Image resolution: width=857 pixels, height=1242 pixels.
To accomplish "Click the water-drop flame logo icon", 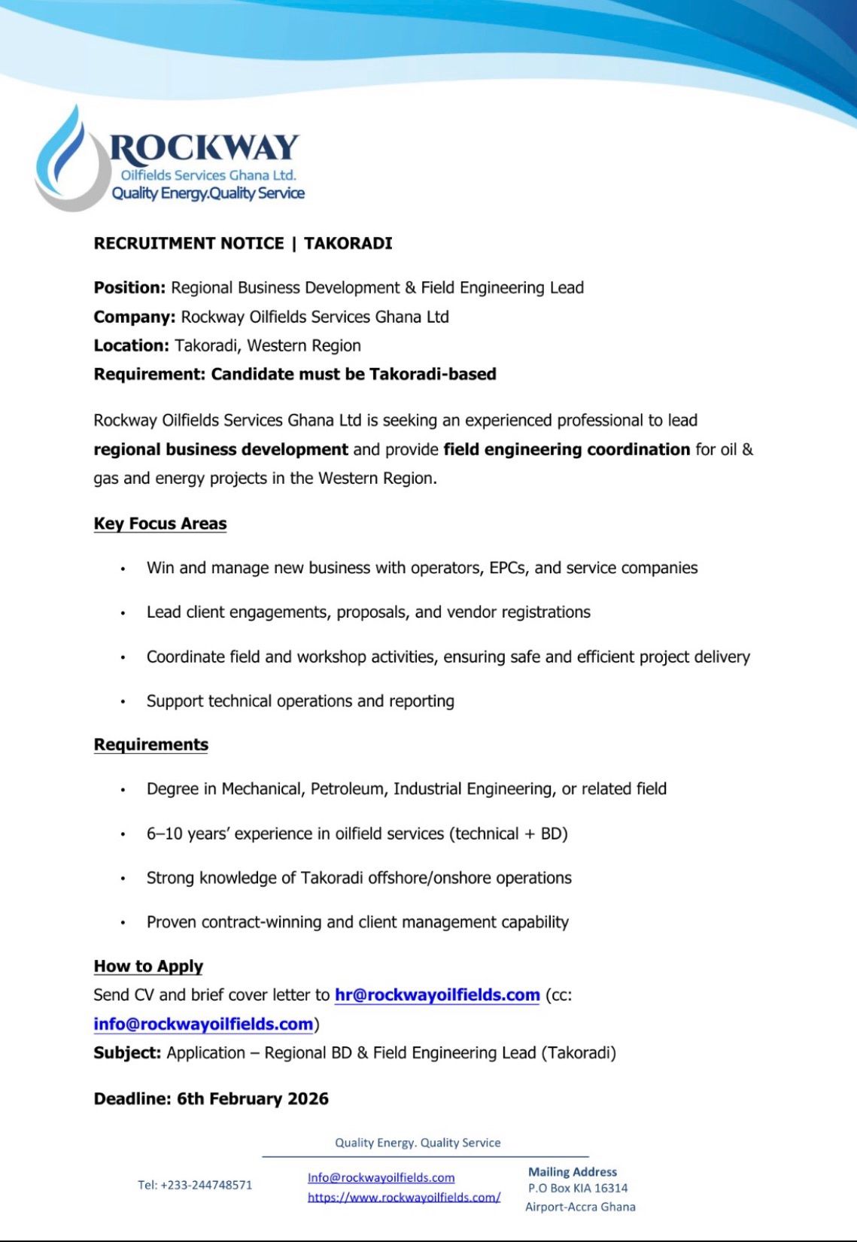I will [x=69, y=160].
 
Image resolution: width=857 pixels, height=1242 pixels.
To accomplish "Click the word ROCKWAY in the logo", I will [x=204, y=147].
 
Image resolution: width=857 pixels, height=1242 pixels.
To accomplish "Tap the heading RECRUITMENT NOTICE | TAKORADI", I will [x=243, y=244].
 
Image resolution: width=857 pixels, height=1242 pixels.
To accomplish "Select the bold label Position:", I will [x=129, y=287].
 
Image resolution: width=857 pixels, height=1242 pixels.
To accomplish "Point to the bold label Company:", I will [x=135, y=317].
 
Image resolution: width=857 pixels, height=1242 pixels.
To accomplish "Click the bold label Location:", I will [x=132, y=345].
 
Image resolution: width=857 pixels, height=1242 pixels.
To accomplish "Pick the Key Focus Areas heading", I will [x=160, y=524].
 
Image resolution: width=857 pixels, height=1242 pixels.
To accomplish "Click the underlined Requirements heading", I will [x=151, y=745].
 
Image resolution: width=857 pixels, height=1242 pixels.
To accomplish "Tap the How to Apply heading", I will [x=148, y=966].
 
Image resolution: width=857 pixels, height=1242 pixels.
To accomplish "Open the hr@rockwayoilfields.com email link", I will [x=437, y=995].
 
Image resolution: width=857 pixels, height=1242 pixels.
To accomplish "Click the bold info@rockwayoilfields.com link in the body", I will [x=203, y=1024].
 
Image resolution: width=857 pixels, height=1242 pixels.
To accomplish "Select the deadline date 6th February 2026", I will [x=253, y=1098].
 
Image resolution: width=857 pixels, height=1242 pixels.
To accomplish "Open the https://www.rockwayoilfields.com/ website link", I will [x=404, y=1197].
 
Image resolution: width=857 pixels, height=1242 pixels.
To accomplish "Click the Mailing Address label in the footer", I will [x=573, y=1171].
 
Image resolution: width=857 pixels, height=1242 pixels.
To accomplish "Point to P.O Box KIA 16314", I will [x=578, y=1189].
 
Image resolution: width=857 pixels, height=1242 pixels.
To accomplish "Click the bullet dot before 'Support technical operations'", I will [x=123, y=702].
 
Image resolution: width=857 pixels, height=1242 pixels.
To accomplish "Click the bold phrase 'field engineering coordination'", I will [x=567, y=449].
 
